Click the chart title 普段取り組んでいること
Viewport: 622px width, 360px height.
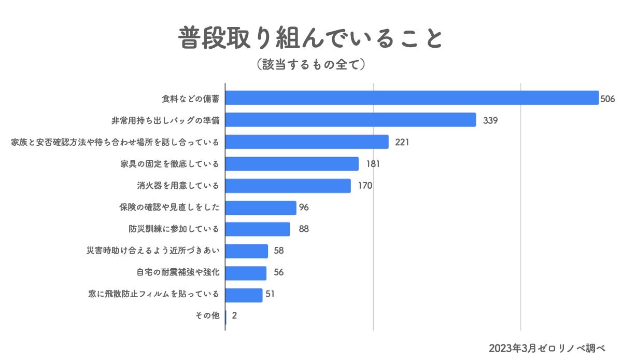[311, 38]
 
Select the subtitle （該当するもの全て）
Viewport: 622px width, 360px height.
[311, 64]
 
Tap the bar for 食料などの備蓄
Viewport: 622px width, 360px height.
[412, 98]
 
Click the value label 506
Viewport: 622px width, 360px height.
[607, 98]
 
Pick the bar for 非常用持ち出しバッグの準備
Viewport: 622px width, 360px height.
[350, 120]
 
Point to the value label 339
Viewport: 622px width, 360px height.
[490, 120]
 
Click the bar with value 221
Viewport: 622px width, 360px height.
[307, 142]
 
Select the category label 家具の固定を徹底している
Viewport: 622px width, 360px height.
[169, 164]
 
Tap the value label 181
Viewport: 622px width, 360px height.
[373, 164]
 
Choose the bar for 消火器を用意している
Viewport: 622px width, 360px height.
[288, 186]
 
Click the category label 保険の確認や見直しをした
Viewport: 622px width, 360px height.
[169, 207]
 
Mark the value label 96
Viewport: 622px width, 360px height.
[304, 207]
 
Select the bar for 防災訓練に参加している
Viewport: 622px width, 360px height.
[258, 229]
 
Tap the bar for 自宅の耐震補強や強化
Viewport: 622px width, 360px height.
[246, 273]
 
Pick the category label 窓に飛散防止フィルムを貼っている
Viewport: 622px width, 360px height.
[154, 295]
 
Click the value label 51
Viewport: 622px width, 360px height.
[270, 295]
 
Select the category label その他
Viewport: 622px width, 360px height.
[208, 316]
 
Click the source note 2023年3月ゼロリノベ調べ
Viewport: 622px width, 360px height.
[547, 347]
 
